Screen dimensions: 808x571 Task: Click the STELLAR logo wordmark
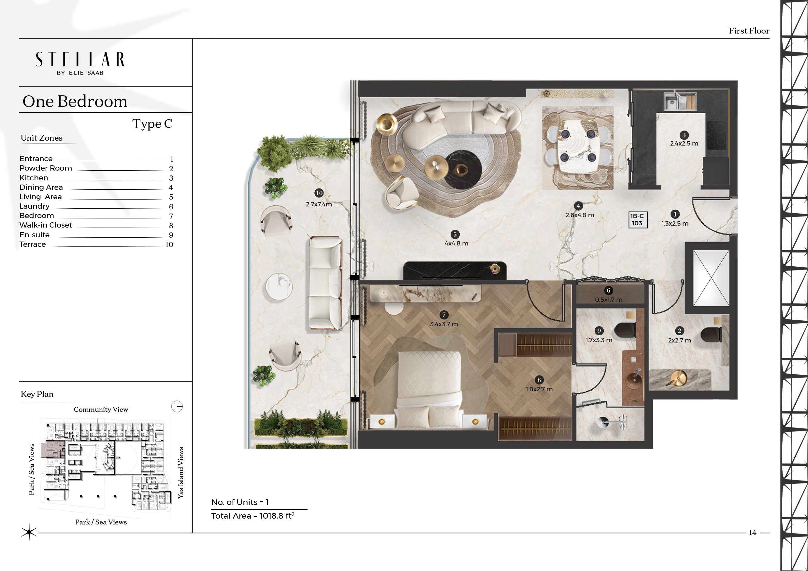click(x=80, y=60)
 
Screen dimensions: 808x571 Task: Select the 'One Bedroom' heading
click(x=75, y=101)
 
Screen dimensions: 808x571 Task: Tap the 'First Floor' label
click(x=749, y=31)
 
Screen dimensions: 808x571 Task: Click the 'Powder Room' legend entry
click(x=46, y=168)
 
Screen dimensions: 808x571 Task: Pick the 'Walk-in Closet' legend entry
click(x=46, y=225)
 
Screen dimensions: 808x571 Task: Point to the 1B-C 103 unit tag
click(x=638, y=219)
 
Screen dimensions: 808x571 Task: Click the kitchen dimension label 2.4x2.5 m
click(x=684, y=144)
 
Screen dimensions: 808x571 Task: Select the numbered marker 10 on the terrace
click(x=319, y=193)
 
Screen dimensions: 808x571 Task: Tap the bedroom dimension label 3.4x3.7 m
click(x=444, y=324)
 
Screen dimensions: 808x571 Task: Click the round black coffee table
click(x=463, y=170)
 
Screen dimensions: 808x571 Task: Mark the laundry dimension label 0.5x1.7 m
click(x=609, y=299)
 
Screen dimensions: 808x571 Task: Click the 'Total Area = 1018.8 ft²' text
click(x=253, y=516)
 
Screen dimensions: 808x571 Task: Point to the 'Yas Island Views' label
click(x=180, y=473)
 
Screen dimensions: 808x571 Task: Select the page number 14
click(x=752, y=532)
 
